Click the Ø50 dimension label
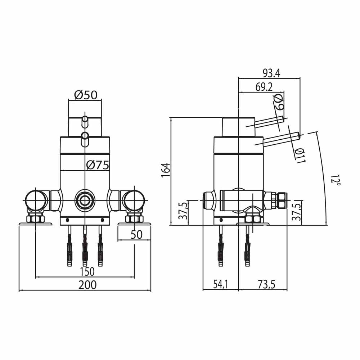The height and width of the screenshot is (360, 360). (x=86, y=95)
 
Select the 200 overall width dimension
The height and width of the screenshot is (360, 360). (x=87, y=285)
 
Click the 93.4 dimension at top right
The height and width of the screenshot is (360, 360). (x=271, y=73)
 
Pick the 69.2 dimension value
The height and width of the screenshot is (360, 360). (x=264, y=87)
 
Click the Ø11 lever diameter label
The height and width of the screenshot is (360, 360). (x=300, y=155)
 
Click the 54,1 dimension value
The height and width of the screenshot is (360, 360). (x=220, y=285)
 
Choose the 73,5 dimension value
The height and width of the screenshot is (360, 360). (x=266, y=285)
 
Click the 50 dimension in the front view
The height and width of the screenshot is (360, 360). (x=136, y=235)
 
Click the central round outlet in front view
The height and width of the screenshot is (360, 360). (x=85, y=200)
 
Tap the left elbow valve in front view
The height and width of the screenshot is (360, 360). (x=36, y=200)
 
